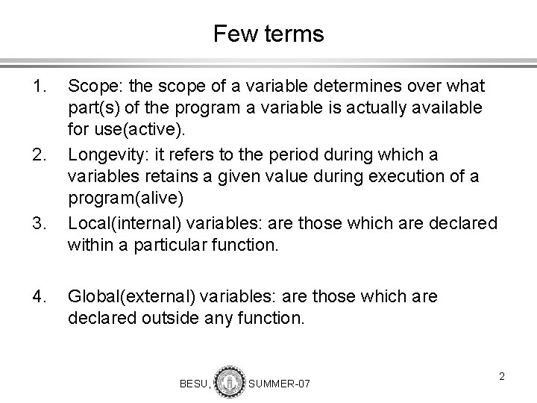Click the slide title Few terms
(268, 34)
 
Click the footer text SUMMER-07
(279, 383)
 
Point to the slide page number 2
(502, 376)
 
